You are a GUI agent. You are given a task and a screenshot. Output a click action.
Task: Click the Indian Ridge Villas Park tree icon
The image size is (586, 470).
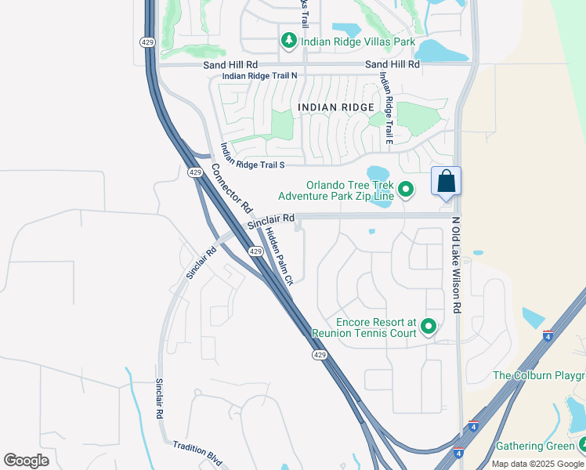(x=288, y=40)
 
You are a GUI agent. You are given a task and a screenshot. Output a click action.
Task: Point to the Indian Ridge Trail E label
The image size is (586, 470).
(x=385, y=108)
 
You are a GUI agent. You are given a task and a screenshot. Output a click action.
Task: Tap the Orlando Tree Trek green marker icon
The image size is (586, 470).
(x=406, y=189)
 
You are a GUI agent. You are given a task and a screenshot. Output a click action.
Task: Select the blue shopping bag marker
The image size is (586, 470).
(x=446, y=182)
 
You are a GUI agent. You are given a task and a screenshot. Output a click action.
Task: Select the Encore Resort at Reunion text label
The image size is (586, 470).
(x=364, y=327)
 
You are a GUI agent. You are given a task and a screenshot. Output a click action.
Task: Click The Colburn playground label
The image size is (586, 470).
(x=539, y=376)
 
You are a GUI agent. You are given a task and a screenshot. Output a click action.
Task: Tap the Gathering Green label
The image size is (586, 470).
(x=535, y=446)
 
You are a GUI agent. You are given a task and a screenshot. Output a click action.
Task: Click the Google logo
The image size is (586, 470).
(x=26, y=461)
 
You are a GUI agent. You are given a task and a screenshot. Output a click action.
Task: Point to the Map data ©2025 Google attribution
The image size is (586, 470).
(x=537, y=464)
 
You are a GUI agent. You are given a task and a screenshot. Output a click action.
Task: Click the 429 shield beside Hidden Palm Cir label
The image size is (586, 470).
(x=255, y=251)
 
